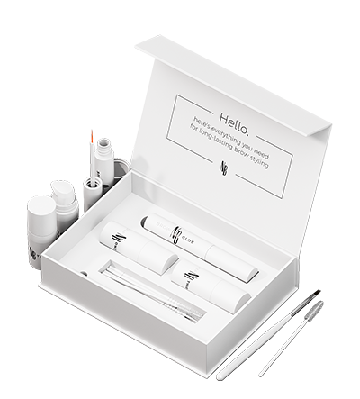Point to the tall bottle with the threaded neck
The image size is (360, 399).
tap(103, 163)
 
